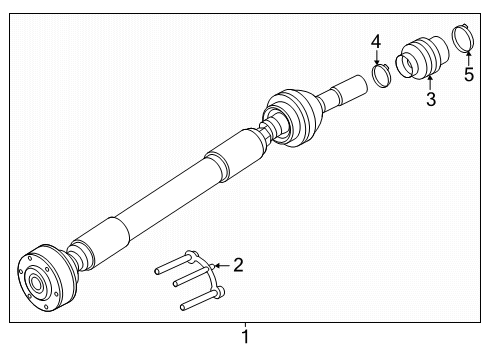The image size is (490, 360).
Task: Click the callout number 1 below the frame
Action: [245, 337]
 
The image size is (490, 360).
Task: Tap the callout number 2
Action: [238, 265]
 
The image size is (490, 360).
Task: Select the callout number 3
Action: [431, 99]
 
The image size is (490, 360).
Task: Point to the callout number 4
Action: [376, 42]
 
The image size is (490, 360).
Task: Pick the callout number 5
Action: [469, 74]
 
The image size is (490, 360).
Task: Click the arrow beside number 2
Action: [222, 266]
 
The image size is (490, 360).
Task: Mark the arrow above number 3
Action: [430, 82]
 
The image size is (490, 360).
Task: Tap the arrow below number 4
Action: [377, 57]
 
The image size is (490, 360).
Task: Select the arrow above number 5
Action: [468, 58]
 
